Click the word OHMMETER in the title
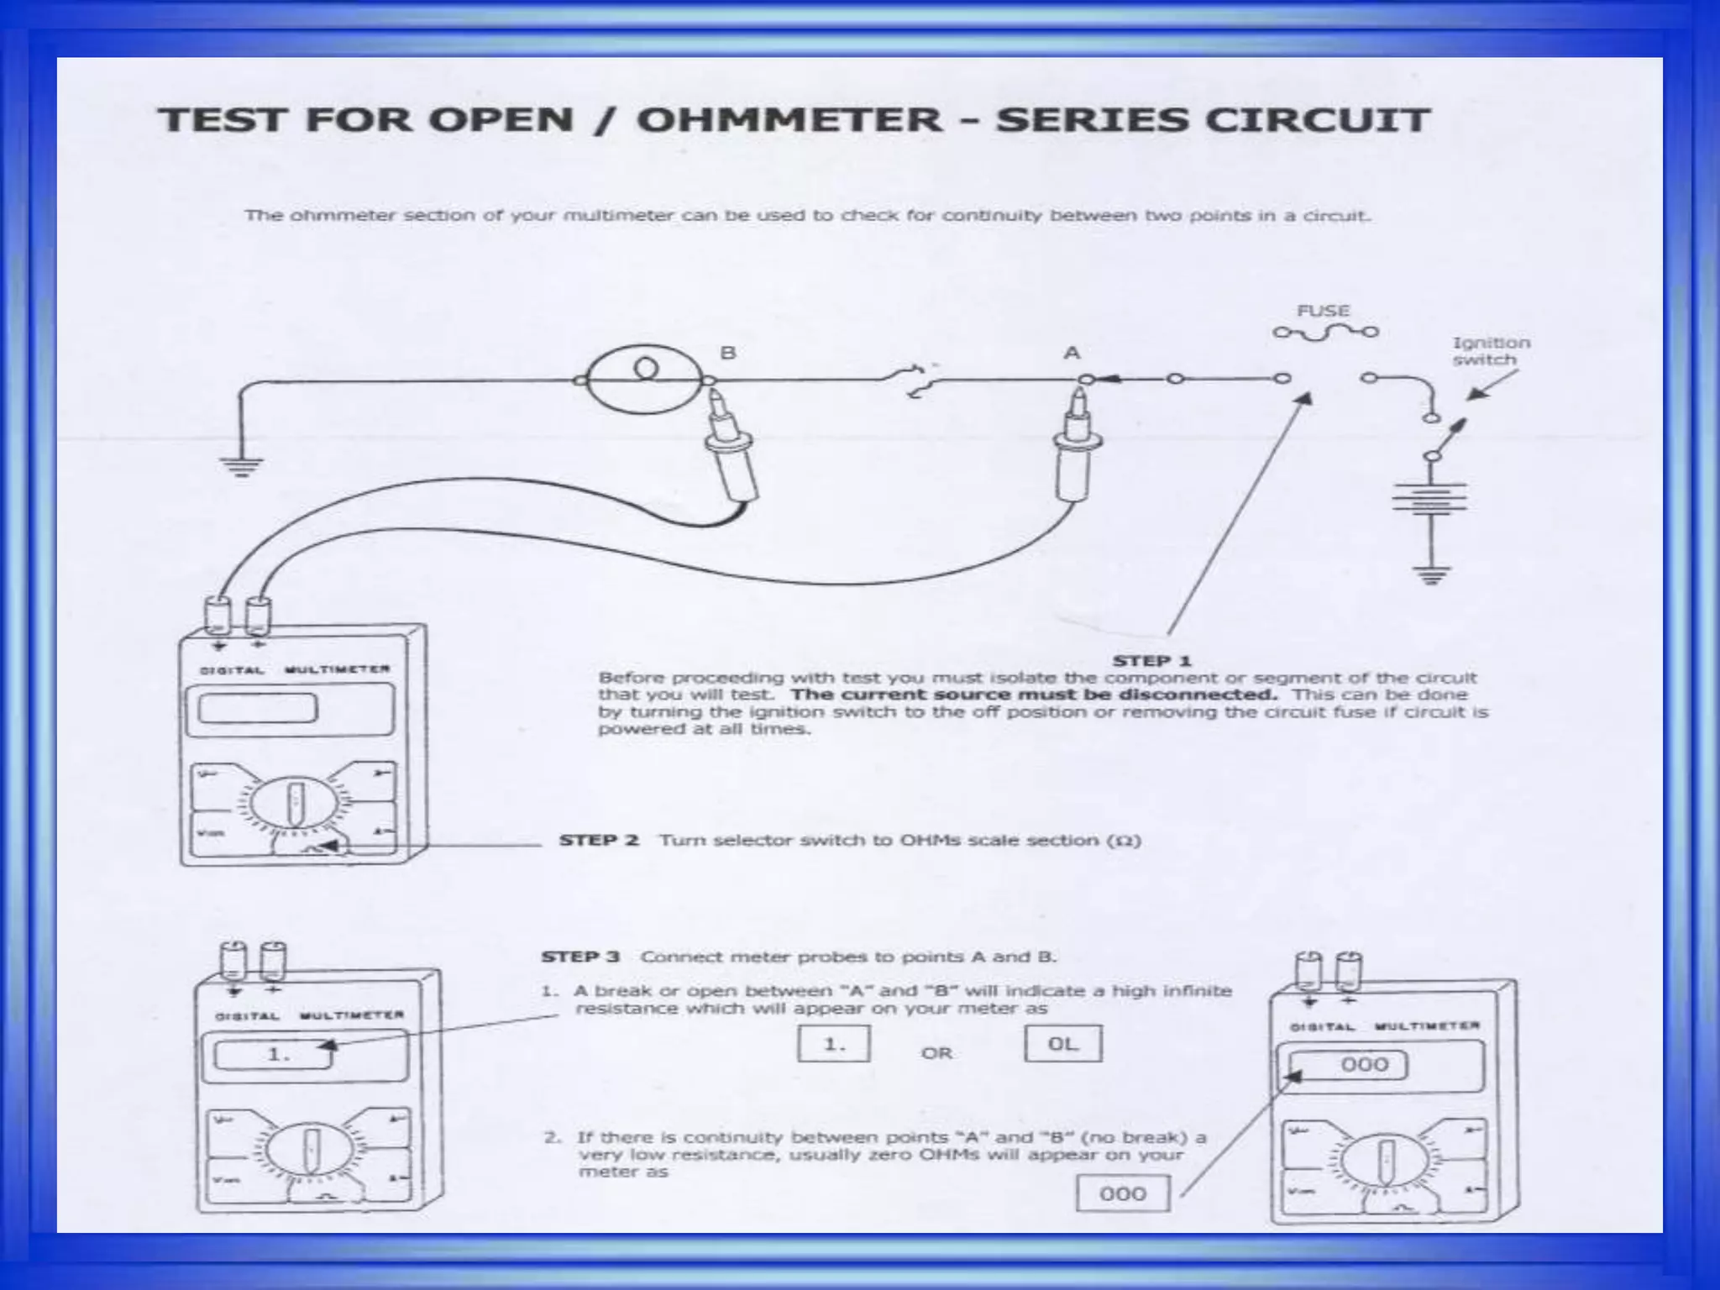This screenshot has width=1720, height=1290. [789, 119]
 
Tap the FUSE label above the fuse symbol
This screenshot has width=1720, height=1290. [1323, 311]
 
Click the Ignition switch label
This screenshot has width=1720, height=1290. [1491, 351]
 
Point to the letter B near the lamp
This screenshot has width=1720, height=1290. [727, 353]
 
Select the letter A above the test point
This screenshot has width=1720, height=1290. [1072, 353]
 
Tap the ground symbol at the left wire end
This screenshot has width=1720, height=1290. [242, 466]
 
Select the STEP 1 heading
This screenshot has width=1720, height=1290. [1152, 661]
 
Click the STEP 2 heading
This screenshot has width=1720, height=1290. [599, 841]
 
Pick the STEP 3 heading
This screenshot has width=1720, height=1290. [580, 957]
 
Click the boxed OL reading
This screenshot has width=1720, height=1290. [1062, 1044]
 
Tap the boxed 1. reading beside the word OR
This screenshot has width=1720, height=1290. [833, 1044]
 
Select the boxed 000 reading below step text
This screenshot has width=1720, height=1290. [1122, 1193]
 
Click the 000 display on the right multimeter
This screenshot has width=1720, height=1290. [1364, 1065]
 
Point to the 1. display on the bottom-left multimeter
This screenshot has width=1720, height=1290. [277, 1054]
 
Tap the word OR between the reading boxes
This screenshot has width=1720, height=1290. [936, 1053]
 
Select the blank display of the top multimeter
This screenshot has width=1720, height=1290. [257, 708]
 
